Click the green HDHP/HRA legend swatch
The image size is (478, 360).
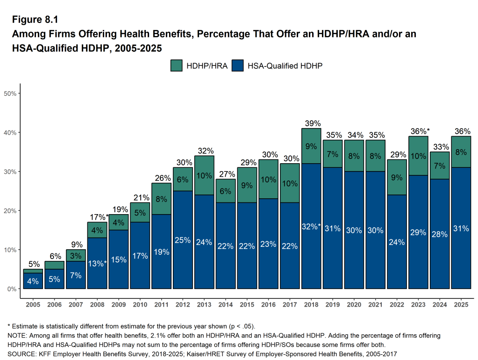tap(176, 66)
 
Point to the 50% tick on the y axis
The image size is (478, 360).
tap(10, 94)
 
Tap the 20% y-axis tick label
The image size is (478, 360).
tap(10, 211)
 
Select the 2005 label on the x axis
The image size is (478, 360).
tap(33, 305)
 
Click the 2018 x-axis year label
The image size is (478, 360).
tap(312, 305)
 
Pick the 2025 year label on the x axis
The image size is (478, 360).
tap(461, 305)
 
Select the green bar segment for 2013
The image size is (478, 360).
tap(204, 175)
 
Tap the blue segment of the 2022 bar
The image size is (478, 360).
tap(397, 242)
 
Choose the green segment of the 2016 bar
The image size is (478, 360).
tap(268, 179)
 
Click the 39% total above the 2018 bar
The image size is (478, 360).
tap(313, 123)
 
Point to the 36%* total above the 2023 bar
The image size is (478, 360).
tap(420, 131)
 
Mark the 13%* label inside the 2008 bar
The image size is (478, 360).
tap(97, 263)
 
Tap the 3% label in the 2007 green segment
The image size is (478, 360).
tap(76, 256)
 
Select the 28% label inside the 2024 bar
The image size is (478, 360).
tap(440, 234)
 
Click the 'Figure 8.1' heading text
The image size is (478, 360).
tap(35, 20)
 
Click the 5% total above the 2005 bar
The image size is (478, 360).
tap(33, 264)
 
